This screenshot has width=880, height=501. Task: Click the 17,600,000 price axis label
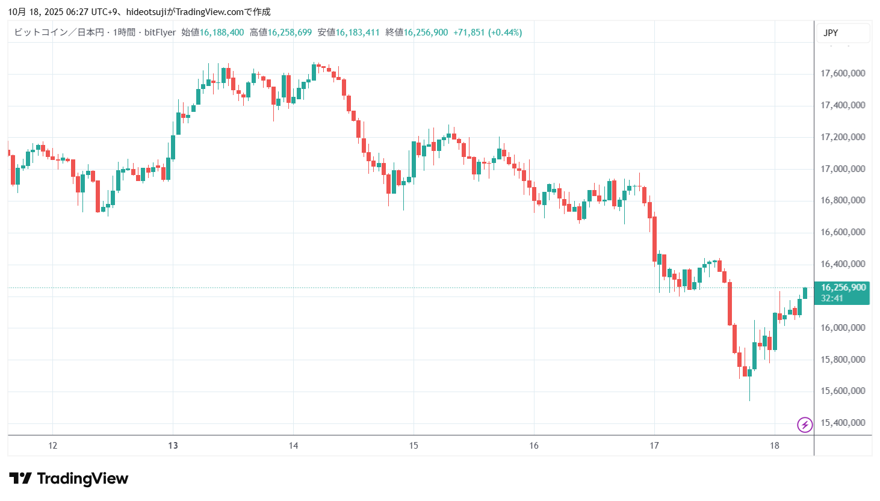(x=843, y=73)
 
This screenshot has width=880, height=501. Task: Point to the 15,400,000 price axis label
(x=843, y=423)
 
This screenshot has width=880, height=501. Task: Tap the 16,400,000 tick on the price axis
(x=843, y=264)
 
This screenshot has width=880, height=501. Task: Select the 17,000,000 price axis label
(x=843, y=169)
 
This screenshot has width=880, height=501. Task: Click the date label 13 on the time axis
(x=173, y=446)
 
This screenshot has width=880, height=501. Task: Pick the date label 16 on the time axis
(x=534, y=446)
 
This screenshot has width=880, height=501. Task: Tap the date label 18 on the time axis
(x=775, y=446)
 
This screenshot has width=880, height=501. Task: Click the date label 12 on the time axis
(x=53, y=446)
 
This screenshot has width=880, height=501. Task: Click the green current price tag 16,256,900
(x=843, y=287)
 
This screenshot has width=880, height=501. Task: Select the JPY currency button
(x=831, y=33)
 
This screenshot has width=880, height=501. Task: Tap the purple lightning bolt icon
(x=805, y=425)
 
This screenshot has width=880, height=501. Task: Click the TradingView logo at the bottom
(x=69, y=479)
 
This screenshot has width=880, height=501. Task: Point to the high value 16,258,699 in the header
(x=290, y=32)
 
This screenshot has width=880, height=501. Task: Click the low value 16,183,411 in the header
(x=358, y=32)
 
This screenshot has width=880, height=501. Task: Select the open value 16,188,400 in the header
(x=222, y=32)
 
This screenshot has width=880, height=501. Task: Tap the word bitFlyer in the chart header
(x=160, y=32)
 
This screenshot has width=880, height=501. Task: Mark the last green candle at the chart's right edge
(x=805, y=293)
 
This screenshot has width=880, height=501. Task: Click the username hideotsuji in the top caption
(x=146, y=12)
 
